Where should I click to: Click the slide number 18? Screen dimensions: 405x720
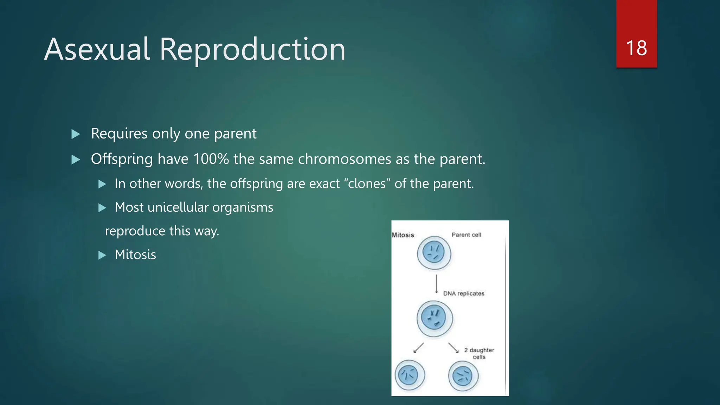pyautogui.click(x=636, y=48)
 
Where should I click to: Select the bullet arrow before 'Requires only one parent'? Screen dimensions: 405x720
pyautogui.click(x=76, y=134)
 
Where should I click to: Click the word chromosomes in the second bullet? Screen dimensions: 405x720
pyautogui.click(x=345, y=159)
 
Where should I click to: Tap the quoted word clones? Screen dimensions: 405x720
pyautogui.click(x=367, y=184)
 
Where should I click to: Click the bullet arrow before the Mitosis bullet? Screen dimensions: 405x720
pyautogui.click(x=102, y=255)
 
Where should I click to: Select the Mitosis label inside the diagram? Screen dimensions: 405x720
pyautogui.click(x=403, y=235)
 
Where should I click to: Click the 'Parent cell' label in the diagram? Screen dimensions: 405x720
pyautogui.click(x=466, y=234)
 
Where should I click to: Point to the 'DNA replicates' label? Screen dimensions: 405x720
pyautogui.click(x=463, y=293)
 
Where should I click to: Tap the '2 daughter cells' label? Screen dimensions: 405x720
pyautogui.click(x=479, y=353)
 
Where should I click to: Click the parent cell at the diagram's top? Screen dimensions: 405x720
pyautogui.click(x=434, y=253)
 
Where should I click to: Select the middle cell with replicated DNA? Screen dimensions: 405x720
pyautogui.click(x=435, y=318)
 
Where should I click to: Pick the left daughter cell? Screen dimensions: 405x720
pyautogui.click(x=410, y=375)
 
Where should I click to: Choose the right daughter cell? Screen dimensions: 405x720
pyautogui.click(x=463, y=376)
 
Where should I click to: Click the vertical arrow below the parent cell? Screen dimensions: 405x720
pyautogui.click(x=437, y=283)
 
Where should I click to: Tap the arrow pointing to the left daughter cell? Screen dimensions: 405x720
pyautogui.click(x=418, y=348)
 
